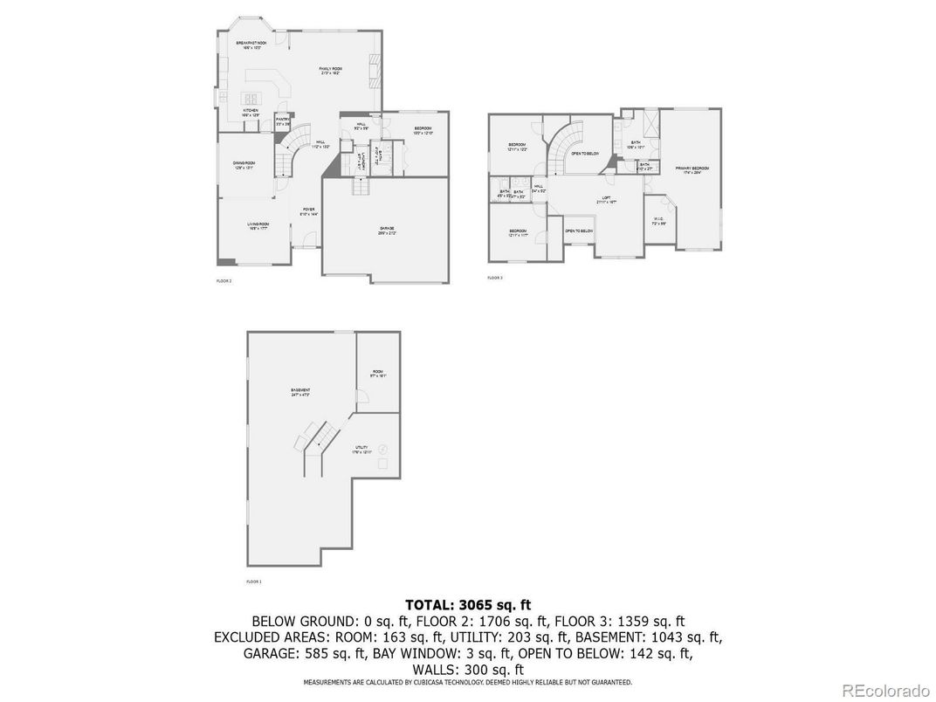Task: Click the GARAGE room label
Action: (386, 230)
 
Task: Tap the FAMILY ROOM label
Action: (329, 70)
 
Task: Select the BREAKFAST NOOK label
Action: (251, 44)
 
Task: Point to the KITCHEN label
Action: (251, 112)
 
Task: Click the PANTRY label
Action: (283, 122)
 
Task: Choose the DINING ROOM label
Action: (244, 165)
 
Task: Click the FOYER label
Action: (308, 210)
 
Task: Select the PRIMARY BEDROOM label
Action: (691, 169)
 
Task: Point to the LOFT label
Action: (606, 199)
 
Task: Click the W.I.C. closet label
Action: (659, 222)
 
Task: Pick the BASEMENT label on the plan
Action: (300, 392)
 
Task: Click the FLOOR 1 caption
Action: (254, 581)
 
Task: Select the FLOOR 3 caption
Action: (495, 278)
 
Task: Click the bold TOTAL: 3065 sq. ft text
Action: (468, 604)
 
